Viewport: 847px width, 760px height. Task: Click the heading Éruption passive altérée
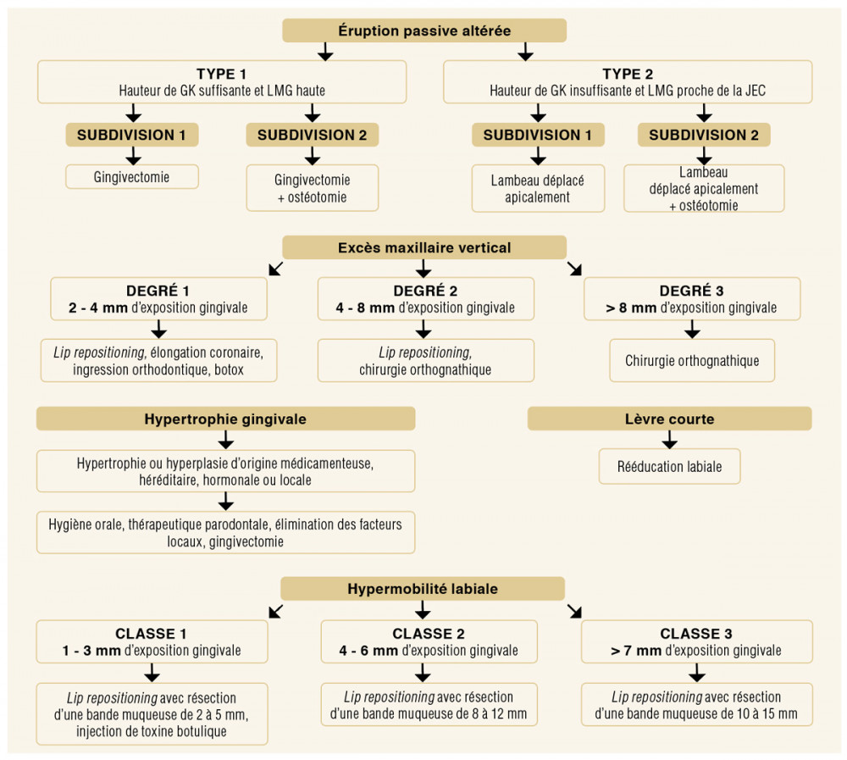click(x=424, y=31)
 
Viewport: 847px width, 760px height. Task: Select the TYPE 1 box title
click(x=221, y=74)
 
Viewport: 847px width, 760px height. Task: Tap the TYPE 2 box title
click(x=628, y=74)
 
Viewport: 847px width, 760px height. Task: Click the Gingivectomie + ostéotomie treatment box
click(x=313, y=188)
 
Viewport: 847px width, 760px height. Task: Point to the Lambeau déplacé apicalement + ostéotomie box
click(x=704, y=188)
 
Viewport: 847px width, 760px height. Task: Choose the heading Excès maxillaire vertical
click(x=424, y=247)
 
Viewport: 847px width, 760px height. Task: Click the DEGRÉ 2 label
click(x=425, y=291)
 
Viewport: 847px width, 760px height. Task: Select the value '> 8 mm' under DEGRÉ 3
click(x=631, y=308)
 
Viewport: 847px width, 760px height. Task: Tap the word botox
click(x=229, y=369)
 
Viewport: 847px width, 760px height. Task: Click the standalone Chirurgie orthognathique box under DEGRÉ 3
click(x=692, y=361)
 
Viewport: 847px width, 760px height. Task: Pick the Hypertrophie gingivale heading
click(x=225, y=419)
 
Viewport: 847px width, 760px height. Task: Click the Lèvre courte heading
click(x=669, y=419)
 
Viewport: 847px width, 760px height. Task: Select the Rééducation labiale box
click(x=669, y=467)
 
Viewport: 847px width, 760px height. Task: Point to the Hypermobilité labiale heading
click(x=423, y=589)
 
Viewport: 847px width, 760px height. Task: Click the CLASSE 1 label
click(x=151, y=634)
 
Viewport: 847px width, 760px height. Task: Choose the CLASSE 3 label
click(x=696, y=634)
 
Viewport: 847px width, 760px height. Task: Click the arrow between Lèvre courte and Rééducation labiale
click(x=669, y=440)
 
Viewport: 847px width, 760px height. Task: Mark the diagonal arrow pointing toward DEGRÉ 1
click(x=276, y=268)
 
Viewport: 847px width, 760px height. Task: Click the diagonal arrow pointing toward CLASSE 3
click(x=575, y=612)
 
